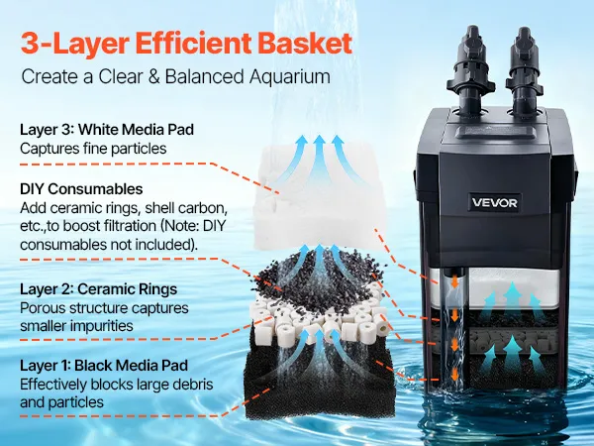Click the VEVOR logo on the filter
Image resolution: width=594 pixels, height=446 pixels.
tap(494, 202)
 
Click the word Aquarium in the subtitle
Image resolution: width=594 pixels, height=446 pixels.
tap(290, 76)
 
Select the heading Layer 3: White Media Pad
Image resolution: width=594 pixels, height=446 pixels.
tap(107, 130)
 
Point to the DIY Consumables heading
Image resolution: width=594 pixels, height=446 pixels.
tap(81, 189)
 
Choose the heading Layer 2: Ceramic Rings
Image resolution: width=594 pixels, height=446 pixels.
tap(98, 289)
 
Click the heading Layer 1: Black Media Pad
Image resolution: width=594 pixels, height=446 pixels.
tap(104, 366)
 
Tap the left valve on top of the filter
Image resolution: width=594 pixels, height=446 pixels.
tap(470, 68)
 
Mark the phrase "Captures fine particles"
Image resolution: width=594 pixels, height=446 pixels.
tap(93, 149)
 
